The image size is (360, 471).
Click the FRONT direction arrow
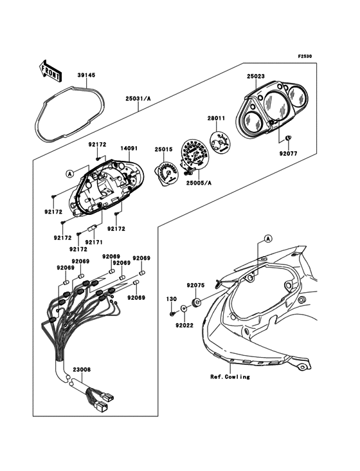(x=50, y=71)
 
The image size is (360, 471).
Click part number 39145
(x=86, y=75)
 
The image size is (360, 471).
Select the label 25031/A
(x=138, y=98)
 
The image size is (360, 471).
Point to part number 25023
(x=256, y=77)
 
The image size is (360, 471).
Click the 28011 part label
(x=216, y=118)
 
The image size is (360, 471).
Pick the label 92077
(x=288, y=154)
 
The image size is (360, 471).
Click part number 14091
(x=129, y=148)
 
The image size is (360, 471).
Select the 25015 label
(x=163, y=149)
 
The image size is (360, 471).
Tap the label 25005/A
(x=199, y=183)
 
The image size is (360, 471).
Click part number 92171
(x=94, y=242)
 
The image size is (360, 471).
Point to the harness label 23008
(x=82, y=370)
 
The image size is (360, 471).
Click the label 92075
(x=195, y=285)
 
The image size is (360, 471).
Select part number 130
(x=172, y=299)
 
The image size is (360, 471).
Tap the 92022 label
(x=184, y=326)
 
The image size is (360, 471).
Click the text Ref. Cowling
(x=230, y=376)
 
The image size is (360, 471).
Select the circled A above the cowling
(x=268, y=239)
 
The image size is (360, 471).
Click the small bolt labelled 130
(x=172, y=314)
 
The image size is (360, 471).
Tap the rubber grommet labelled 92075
(x=197, y=302)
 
